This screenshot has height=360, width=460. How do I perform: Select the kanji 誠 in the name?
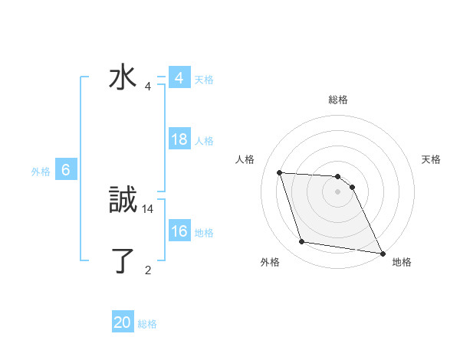[x=123, y=201]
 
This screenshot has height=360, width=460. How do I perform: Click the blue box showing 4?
[x=179, y=79]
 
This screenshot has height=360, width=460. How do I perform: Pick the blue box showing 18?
[x=179, y=140]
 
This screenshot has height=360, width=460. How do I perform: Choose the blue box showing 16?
[x=179, y=232]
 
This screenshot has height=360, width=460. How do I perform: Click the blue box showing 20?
[x=123, y=323]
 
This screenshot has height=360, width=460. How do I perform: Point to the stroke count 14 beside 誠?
[x=148, y=208]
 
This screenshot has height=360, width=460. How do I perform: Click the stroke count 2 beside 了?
[x=148, y=270]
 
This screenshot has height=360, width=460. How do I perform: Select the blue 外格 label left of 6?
[x=41, y=172]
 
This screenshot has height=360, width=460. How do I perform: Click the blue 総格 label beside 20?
[x=147, y=324]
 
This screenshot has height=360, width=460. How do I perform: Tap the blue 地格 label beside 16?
[x=204, y=233]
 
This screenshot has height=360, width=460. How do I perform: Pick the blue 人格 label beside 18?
[x=204, y=141]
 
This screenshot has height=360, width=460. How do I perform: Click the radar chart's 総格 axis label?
[x=338, y=100]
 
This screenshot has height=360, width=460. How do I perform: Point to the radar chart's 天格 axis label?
[x=431, y=159]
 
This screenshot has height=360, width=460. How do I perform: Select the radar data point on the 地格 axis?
[x=381, y=252]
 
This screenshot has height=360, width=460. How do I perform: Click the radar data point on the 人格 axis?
[x=280, y=173]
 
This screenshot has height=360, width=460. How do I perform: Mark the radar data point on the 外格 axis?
[x=302, y=242]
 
